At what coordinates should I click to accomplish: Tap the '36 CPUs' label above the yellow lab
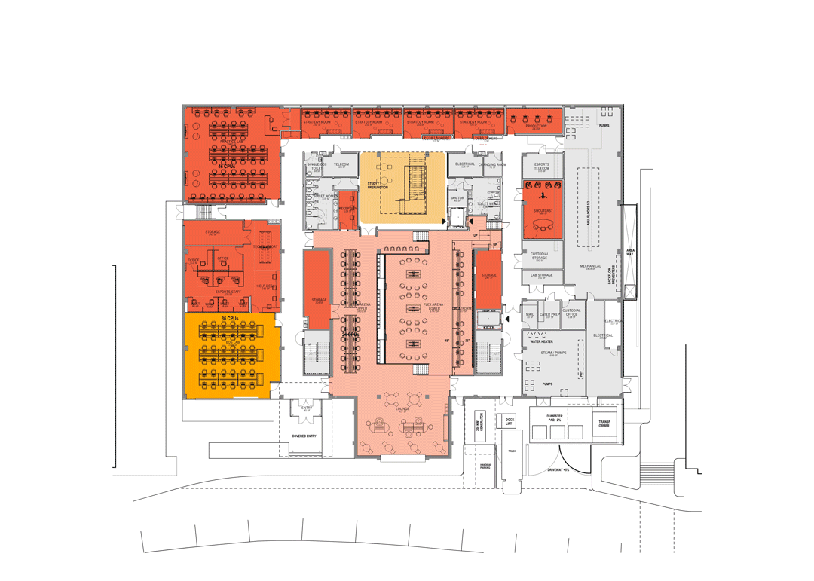click(x=230, y=319)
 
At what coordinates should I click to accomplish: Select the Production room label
click(x=536, y=127)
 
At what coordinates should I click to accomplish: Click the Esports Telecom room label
click(x=542, y=167)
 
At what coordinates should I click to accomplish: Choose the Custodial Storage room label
click(x=540, y=256)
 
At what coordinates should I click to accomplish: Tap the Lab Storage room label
click(x=542, y=275)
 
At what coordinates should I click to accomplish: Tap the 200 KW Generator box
click(x=480, y=426)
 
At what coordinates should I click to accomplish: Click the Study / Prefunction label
click(x=378, y=185)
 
